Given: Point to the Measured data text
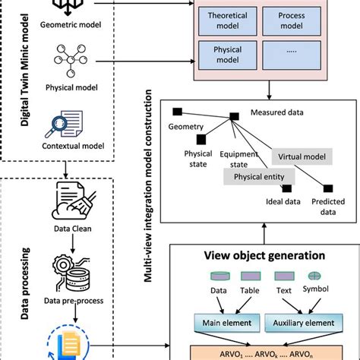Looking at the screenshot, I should point(278,113).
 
